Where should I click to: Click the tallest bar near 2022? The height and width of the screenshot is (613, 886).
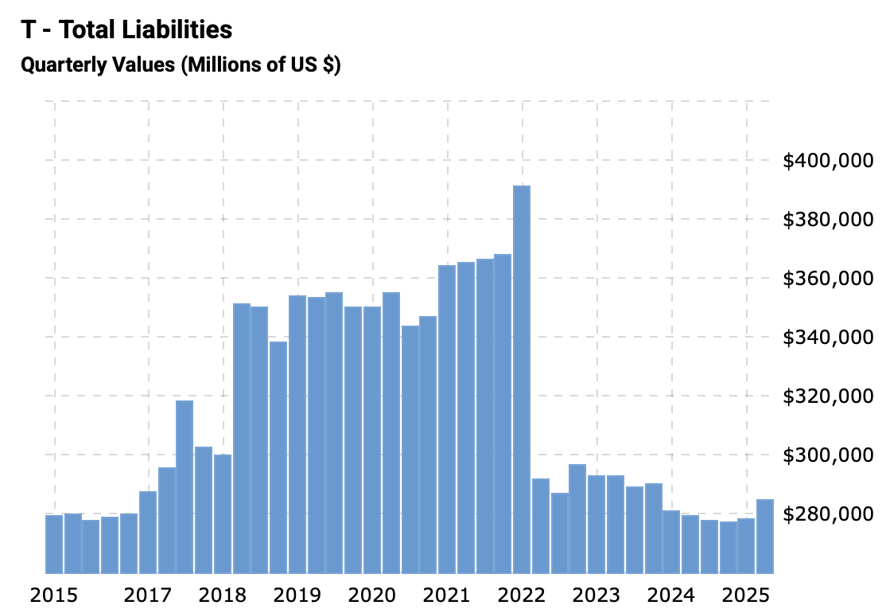tap(521, 379)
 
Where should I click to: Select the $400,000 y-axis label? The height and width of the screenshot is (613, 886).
tap(828, 161)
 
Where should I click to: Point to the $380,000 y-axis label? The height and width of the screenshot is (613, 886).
tap(828, 220)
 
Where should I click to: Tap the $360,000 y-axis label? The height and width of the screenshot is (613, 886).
tap(828, 279)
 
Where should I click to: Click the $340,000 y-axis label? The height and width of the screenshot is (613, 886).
tap(828, 338)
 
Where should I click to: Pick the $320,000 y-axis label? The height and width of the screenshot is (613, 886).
tap(828, 396)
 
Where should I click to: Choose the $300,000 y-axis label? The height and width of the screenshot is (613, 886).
tap(828, 455)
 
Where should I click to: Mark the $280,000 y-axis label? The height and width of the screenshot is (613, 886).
tap(828, 514)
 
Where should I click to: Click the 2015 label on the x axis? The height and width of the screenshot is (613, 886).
tap(54, 595)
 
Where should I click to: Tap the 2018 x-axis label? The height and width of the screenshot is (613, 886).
tap(222, 595)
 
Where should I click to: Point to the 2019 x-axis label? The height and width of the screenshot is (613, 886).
tap(297, 595)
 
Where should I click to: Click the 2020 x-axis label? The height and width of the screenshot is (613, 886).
tap(371, 595)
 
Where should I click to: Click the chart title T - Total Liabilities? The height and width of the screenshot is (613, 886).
tap(126, 30)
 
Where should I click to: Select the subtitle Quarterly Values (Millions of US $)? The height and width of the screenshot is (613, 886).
tap(181, 64)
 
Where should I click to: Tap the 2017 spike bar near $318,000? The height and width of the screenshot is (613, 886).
tap(185, 486)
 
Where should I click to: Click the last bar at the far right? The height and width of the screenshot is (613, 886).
tap(765, 536)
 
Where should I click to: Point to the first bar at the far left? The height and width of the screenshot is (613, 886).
tap(54, 544)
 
